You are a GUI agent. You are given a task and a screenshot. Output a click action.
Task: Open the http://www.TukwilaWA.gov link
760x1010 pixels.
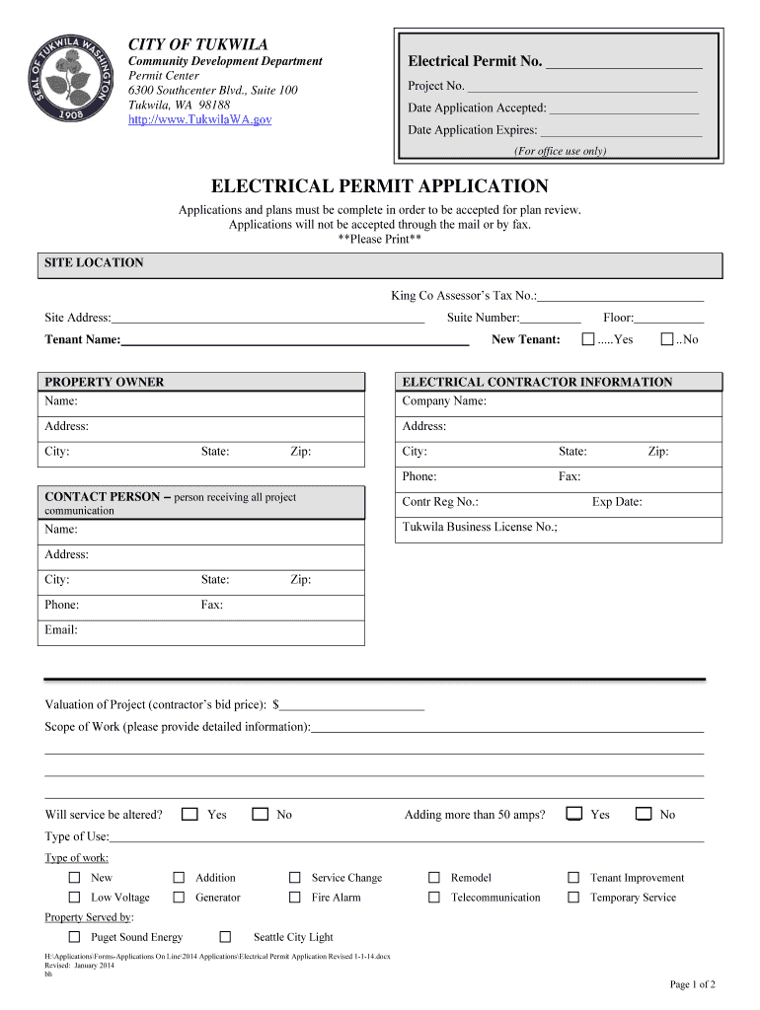pos(199,119)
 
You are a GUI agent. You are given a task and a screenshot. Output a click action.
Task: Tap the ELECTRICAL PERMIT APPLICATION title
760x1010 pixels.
pos(380,186)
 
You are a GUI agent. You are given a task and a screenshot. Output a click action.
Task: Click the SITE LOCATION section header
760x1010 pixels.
pos(94,263)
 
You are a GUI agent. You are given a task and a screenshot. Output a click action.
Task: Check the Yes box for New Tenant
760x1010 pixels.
pos(588,339)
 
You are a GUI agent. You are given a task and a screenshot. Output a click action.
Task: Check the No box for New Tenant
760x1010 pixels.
pos(667,339)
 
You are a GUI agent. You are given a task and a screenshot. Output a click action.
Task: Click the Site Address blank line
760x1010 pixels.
pos(267,319)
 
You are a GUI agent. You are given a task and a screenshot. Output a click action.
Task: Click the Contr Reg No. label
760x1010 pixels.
pos(440,502)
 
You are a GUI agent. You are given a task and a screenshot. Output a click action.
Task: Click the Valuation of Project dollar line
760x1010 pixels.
pos(352,705)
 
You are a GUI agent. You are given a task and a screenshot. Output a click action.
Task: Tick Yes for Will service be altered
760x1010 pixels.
pos(190,815)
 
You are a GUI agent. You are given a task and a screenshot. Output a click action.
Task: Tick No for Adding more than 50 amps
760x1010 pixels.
pos(644,815)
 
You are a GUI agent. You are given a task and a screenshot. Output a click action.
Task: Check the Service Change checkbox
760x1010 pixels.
pos(294,878)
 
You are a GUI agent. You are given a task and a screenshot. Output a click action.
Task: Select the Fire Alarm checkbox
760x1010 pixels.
pos(294,898)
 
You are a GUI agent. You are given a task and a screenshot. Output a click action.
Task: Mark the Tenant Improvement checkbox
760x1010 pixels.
pos(573,878)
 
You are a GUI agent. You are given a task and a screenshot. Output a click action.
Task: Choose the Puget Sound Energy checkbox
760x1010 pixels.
pos(74,937)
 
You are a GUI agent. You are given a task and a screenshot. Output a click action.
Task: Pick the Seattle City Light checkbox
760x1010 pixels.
pos(225,937)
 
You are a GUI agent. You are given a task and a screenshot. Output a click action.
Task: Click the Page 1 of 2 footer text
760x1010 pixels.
pos(692,984)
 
